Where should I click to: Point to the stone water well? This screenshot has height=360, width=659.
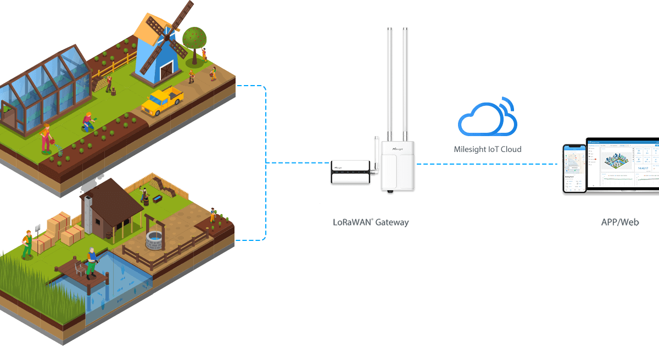pyautogui.click(x=155, y=239)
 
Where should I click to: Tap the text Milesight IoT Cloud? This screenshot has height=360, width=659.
pyautogui.click(x=487, y=149)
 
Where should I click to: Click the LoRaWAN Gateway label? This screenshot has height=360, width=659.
pyautogui.click(x=371, y=222)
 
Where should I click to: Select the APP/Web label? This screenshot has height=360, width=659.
pyautogui.click(x=619, y=222)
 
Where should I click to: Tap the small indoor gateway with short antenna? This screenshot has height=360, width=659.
pyautogui.click(x=350, y=171)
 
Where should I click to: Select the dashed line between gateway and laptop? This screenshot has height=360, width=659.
pyautogui.click(x=489, y=163)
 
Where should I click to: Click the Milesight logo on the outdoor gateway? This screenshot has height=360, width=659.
pyautogui.click(x=398, y=149)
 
